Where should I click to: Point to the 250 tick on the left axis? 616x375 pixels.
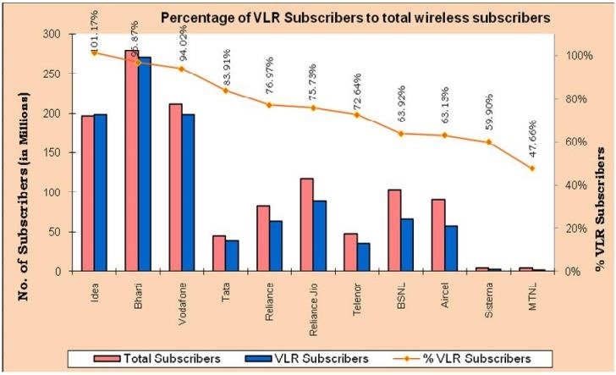[60, 74]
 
